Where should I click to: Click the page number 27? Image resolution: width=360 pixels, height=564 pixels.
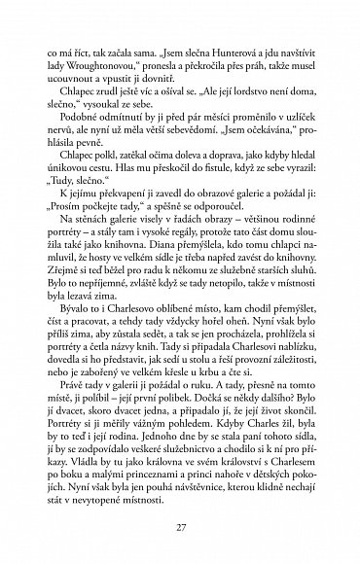pos(180,526)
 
